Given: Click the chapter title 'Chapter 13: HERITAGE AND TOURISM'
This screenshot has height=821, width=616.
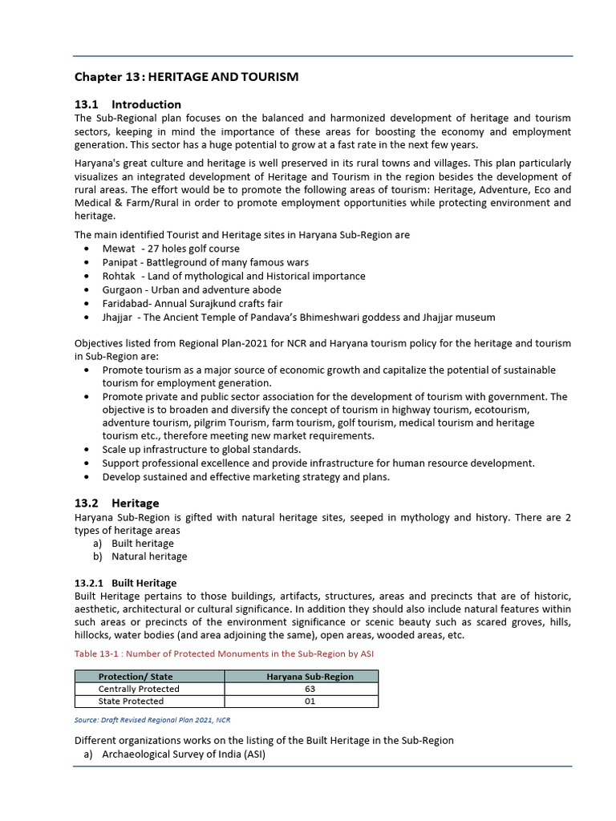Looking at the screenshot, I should pyautogui.click(x=186, y=77).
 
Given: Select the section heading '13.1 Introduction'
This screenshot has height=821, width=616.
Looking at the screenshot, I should pyautogui.click(x=128, y=104).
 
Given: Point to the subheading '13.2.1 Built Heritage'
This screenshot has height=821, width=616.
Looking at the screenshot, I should pyautogui.click(x=125, y=583).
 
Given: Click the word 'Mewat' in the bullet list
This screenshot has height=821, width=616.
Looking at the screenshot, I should pyautogui.click(x=119, y=249).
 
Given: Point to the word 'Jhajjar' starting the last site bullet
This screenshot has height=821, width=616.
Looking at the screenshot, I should pyautogui.click(x=119, y=317).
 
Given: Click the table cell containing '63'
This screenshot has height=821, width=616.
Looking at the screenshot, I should pyautogui.click(x=310, y=689).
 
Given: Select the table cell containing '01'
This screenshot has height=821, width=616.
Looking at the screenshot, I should pyautogui.click(x=310, y=701).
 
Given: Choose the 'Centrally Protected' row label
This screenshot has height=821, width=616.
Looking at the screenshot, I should pyautogui.click(x=139, y=689).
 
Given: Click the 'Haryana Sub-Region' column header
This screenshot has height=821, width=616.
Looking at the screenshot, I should pyautogui.click(x=310, y=677).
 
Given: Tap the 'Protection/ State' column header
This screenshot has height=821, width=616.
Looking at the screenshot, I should pyautogui.click(x=136, y=677).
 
